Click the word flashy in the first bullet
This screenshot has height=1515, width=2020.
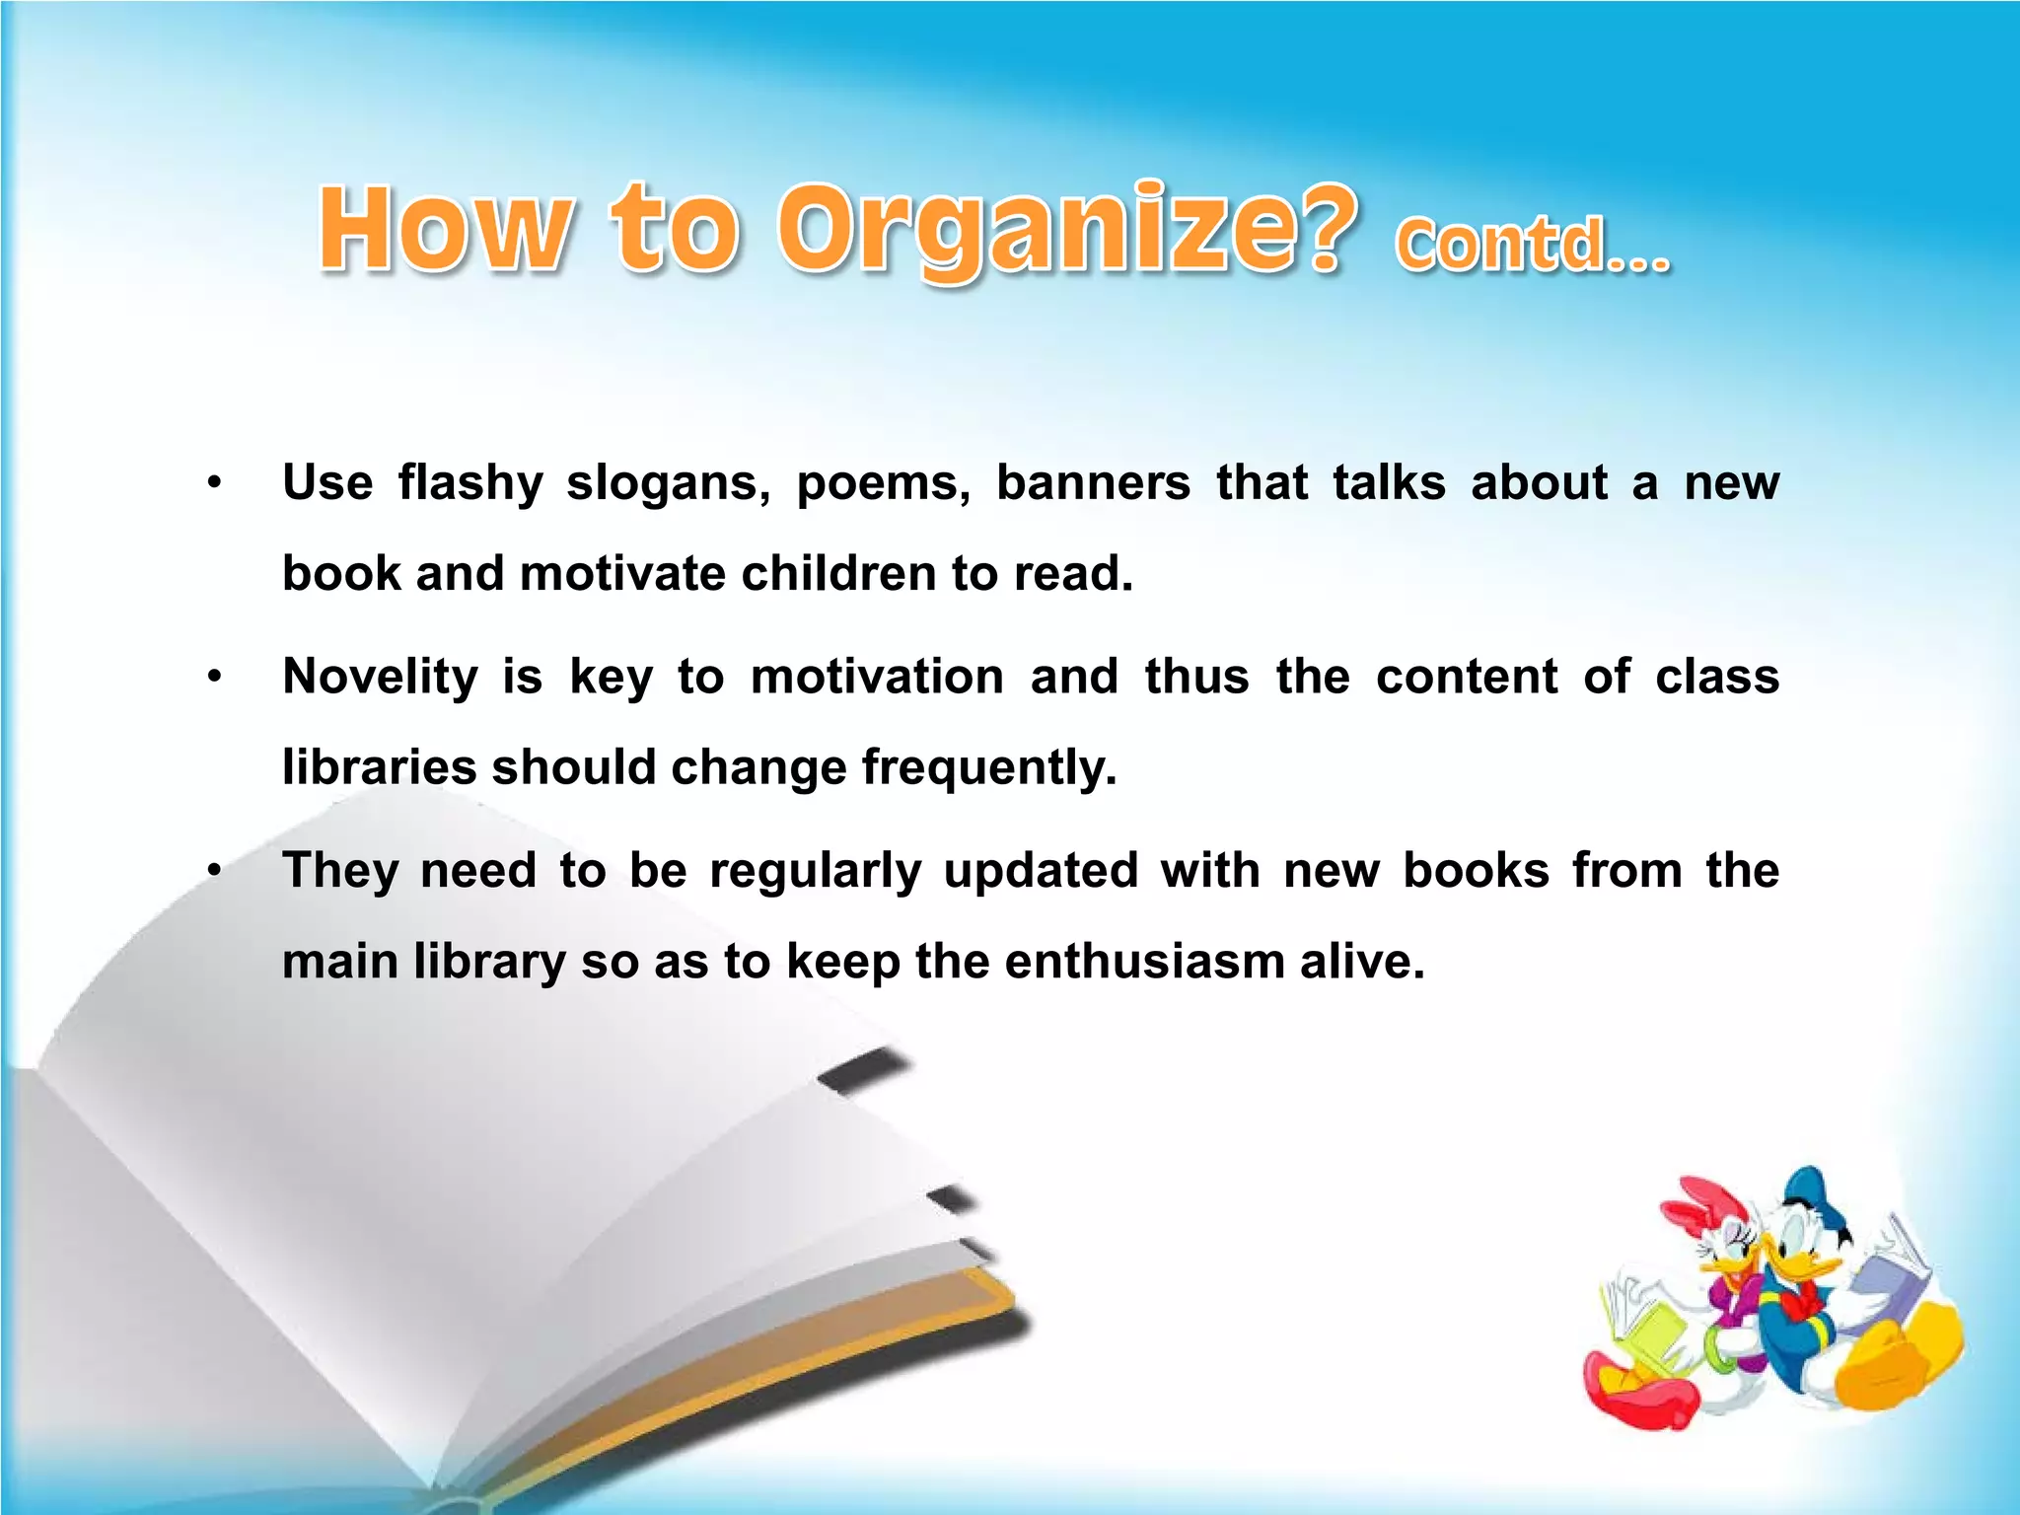click(470, 484)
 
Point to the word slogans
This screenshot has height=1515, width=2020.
click(668, 484)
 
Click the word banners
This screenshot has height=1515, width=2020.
click(1093, 484)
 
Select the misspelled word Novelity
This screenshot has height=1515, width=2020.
click(380, 678)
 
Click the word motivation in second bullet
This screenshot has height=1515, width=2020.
click(877, 678)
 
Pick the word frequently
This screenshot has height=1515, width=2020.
click(989, 767)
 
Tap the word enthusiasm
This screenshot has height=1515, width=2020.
click(1145, 961)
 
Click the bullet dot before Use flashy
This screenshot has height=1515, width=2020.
click(214, 484)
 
